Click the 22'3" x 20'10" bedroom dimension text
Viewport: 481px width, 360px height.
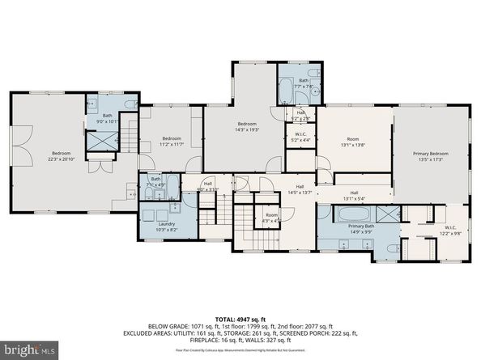62,159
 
